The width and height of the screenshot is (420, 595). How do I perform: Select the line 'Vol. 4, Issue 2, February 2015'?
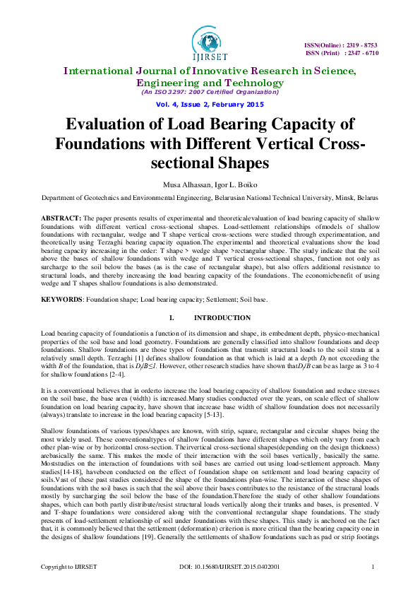[x=210, y=105]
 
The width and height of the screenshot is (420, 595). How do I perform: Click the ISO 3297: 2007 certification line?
[x=210, y=92]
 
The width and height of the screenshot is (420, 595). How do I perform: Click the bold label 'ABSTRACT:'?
[x=61, y=218]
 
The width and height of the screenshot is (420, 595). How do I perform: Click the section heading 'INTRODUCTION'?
[x=222, y=318]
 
